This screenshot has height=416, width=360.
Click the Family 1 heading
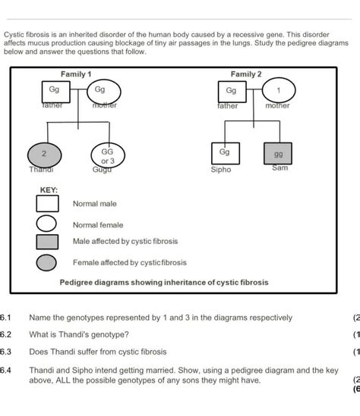click(x=76, y=74)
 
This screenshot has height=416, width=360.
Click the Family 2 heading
click(x=246, y=74)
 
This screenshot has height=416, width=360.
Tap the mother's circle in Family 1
click(x=100, y=92)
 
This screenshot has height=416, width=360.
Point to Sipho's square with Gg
click(x=223, y=153)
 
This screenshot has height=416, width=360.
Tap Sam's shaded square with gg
click(x=279, y=154)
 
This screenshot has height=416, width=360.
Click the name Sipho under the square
click(x=220, y=170)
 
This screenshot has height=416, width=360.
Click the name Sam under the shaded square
click(x=280, y=168)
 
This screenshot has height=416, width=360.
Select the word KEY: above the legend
click(x=49, y=189)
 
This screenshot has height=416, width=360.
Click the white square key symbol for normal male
click(x=47, y=204)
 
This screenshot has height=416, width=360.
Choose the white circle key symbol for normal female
click(x=47, y=224)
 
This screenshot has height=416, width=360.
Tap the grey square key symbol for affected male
click(x=47, y=242)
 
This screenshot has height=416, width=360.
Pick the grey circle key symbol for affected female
click(x=47, y=263)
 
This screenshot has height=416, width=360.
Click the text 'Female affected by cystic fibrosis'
click(x=129, y=263)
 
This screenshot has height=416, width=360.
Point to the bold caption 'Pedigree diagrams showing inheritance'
click(x=163, y=283)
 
